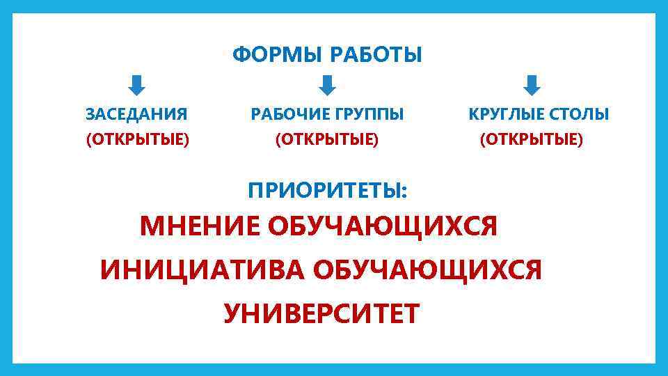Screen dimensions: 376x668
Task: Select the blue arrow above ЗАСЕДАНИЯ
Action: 137,86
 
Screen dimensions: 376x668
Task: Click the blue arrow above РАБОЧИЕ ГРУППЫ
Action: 327,86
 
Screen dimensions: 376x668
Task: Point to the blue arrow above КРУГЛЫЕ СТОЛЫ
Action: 531,86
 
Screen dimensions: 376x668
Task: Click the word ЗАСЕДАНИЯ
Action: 136,114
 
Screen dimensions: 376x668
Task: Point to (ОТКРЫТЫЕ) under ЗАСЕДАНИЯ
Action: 137,140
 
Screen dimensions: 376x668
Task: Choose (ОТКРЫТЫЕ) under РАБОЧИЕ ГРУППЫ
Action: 327,140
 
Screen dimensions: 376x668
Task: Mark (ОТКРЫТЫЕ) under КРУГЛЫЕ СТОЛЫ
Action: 532,140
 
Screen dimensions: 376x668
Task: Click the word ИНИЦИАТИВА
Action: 201,269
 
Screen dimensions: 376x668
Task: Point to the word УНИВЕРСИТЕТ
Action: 321,313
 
